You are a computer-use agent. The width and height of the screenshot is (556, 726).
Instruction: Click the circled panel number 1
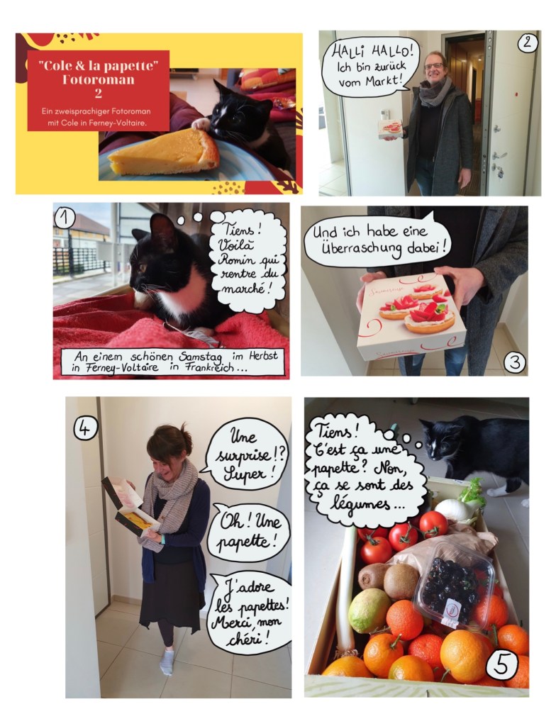65,217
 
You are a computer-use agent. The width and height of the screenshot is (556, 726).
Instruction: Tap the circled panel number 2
527,43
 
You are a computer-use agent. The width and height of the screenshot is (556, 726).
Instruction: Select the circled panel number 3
515,362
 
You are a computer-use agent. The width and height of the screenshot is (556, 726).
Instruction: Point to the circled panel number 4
86,428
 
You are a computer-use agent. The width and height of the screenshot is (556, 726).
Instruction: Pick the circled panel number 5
502,665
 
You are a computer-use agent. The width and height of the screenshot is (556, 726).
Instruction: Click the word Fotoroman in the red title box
99,79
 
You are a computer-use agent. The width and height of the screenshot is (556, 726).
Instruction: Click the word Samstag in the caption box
200,357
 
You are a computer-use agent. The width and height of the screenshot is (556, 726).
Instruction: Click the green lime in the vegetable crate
369,610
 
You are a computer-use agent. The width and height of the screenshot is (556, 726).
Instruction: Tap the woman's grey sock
167,662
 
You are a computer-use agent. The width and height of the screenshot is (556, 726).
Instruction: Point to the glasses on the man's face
434,66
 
